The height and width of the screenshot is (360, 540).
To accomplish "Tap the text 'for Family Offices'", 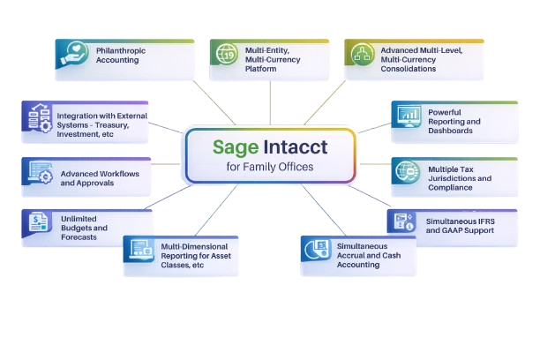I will coord(270,166).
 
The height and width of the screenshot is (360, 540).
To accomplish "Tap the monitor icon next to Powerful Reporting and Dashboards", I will coord(409,116).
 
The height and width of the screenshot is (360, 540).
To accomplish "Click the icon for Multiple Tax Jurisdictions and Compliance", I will coord(407,170).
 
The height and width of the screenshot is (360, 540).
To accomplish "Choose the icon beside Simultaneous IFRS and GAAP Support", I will coord(403,221).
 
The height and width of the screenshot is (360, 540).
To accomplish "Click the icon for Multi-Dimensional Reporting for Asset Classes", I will coord(140,251).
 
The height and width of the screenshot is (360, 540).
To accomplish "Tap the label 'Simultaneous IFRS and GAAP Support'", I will coord(460,224).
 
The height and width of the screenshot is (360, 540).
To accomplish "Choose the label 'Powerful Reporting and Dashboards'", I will coord(460,121).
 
